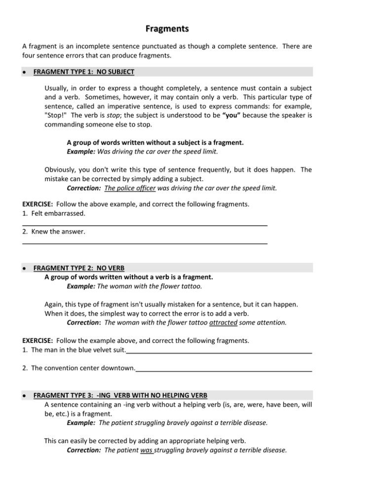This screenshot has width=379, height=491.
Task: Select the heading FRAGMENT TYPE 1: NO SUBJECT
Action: pyautogui.click(x=83, y=72)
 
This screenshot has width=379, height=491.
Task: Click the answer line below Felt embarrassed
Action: pyautogui.click(x=145, y=225)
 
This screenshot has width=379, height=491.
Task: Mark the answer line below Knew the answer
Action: pyautogui.click(x=145, y=243)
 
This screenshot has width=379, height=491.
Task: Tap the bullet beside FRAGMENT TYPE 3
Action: pyautogui.click(x=25, y=396)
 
